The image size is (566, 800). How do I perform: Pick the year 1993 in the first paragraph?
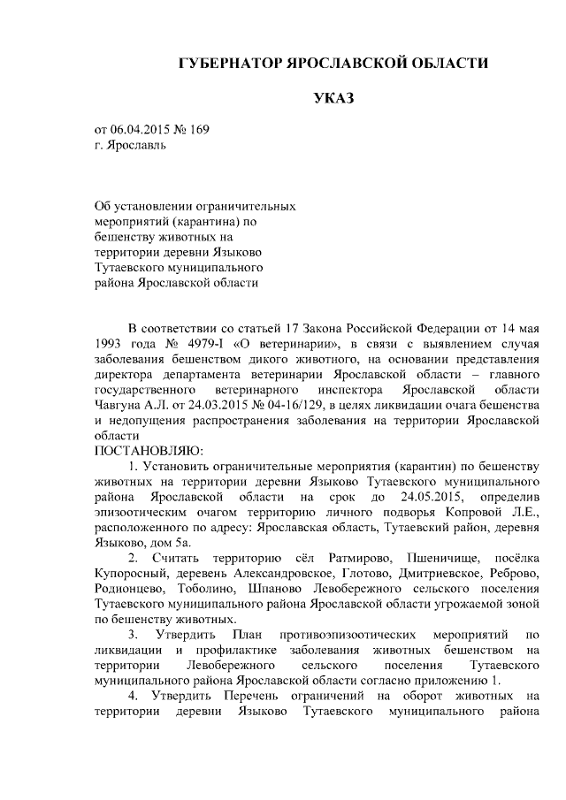click(x=109, y=343)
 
